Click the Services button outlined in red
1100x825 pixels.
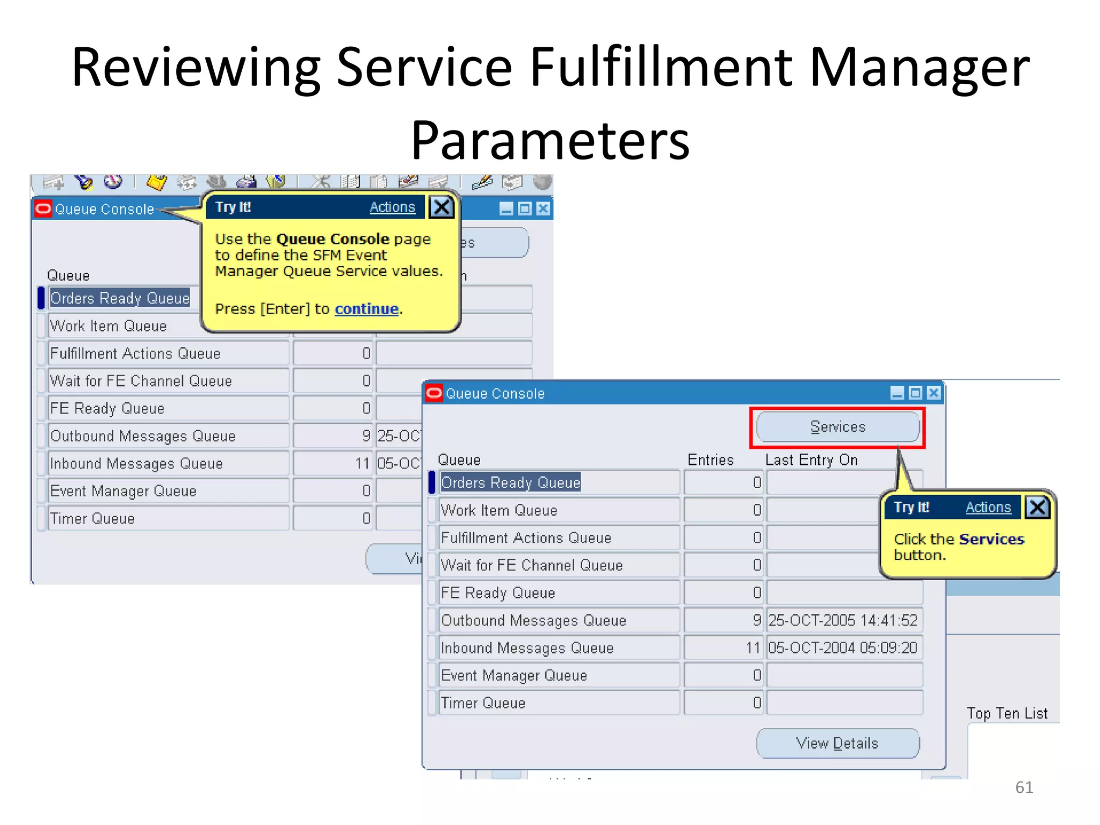[x=837, y=427]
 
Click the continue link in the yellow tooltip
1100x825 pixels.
[x=366, y=309]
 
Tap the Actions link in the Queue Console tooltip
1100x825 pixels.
[x=392, y=207]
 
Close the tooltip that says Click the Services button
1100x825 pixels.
[x=1037, y=507]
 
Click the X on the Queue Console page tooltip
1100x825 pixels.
[x=442, y=207]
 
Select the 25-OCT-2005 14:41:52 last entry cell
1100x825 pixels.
[x=843, y=620]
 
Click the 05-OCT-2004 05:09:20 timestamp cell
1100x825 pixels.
[x=843, y=648]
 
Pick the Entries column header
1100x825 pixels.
[x=710, y=460]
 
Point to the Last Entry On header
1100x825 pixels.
[x=811, y=460]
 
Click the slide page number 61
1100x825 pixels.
[x=1024, y=787]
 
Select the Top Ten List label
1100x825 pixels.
[x=1007, y=713]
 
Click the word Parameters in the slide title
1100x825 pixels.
[x=550, y=141]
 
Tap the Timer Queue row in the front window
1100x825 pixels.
[x=483, y=703]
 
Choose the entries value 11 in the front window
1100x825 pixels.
[x=753, y=648]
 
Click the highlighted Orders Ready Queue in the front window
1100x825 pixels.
[x=510, y=482]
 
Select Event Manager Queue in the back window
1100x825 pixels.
[x=124, y=491]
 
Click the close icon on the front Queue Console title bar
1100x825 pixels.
[x=934, y=393]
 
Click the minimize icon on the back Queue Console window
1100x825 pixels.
[x=506, y=209]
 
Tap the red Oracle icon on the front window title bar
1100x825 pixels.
[x=434, y=393]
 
